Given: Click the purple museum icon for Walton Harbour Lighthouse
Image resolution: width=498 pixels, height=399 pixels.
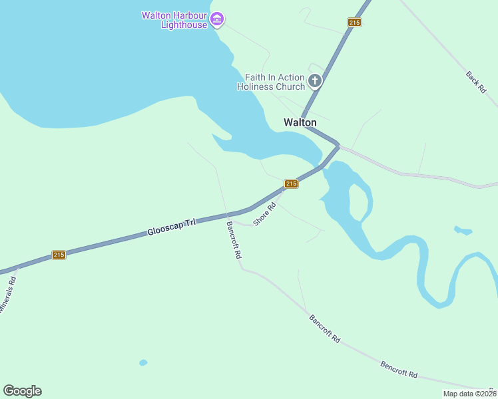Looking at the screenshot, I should [217, 20].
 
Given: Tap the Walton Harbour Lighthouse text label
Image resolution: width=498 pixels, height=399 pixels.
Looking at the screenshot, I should [174, 20].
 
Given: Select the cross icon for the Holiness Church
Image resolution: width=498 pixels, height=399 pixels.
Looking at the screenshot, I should [315, 82].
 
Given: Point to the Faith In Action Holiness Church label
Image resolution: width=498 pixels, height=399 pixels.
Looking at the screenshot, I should [274, 82].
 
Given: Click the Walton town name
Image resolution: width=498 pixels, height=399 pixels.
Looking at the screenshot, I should [300, 122].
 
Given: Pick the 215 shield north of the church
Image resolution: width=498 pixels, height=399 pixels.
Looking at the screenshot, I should [354, 23].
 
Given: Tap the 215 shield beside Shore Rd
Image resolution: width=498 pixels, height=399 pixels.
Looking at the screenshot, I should [291, 184].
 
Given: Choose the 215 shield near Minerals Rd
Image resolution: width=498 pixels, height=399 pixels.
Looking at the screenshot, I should [59, 255].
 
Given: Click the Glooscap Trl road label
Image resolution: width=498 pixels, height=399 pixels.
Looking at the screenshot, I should [172, 227].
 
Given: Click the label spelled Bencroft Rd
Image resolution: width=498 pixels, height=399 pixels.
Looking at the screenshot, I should [399, 369].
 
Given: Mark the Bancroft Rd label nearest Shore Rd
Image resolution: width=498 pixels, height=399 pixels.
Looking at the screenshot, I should [234, 239].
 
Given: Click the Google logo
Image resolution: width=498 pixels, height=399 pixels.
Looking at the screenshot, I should [22, 391].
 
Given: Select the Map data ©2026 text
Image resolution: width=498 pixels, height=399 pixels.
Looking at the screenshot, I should [469, 394].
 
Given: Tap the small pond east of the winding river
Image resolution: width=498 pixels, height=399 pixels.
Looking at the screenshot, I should [463, 231].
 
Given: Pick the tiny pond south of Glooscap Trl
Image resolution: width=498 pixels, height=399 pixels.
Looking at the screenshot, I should [143, 362].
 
